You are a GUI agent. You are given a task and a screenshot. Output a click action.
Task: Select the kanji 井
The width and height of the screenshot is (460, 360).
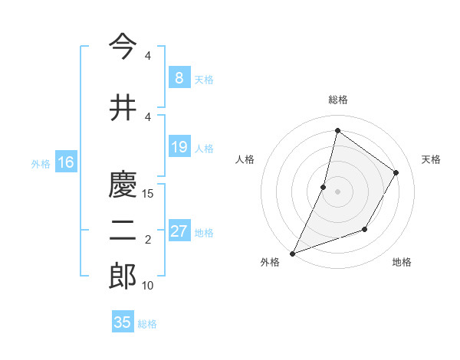123,108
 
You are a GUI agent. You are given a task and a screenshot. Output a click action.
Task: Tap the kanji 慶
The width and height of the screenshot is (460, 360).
123,185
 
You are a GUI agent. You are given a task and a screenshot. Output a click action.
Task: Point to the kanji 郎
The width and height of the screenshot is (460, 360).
123,277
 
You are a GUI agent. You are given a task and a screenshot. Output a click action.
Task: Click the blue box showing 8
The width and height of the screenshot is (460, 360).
179,77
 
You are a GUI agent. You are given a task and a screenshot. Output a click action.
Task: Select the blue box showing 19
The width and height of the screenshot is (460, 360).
179,147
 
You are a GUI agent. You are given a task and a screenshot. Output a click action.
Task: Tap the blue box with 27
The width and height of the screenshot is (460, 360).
179,231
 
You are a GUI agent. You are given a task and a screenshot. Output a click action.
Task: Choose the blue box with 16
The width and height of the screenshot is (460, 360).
66,162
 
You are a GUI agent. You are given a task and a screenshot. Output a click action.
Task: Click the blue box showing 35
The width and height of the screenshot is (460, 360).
123,322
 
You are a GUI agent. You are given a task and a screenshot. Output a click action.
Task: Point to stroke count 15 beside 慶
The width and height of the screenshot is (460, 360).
149,194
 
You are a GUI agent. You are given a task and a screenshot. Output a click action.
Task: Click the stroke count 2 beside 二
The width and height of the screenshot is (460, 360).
148,241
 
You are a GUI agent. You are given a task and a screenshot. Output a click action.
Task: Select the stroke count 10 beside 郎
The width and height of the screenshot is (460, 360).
149,286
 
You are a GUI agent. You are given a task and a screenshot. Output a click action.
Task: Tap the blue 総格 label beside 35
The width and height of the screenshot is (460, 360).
148,324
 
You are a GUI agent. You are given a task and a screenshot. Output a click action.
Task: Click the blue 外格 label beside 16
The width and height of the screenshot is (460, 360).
41,163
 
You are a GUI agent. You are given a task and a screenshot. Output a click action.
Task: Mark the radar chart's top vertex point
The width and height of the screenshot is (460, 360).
337,130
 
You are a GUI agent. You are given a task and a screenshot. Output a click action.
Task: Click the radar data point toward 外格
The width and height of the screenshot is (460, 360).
292,253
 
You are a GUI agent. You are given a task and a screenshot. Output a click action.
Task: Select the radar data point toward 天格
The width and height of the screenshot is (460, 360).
396,172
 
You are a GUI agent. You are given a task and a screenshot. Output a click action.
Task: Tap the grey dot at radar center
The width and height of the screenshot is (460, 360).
337,191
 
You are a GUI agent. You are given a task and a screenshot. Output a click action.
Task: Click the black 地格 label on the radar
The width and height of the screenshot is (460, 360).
402,262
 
